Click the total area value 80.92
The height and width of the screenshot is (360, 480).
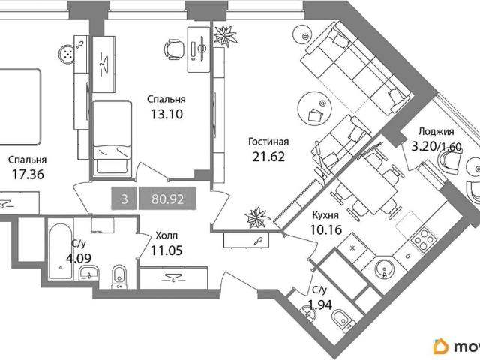(x=167, y=199)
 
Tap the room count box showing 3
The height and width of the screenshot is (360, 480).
(x=124, y=199)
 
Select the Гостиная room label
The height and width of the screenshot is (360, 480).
(x=268, y=142)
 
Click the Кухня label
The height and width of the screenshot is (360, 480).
(x=325, y=215)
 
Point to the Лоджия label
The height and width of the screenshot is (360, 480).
(x=436, y=132)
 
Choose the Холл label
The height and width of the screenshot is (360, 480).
(x=166, y=235)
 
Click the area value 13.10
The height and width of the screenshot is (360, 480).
(x=166, y=114)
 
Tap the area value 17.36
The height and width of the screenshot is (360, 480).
(x=28, y=175)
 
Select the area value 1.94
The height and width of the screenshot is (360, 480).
(x=320, y=304)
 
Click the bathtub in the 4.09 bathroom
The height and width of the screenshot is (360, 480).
(x=61, y=251)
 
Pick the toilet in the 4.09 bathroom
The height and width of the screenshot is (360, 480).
(x=118, y=277)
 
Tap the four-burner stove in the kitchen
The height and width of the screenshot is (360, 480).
(x=423, y=238)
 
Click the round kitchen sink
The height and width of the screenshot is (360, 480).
(x=385, y=268)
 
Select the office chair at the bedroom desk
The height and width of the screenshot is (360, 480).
(x=174, y=49)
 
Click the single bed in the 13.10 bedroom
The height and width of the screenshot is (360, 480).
(x=112, y=139)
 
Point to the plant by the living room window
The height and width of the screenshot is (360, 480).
(x=225, y=36)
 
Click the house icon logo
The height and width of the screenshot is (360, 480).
(x=441, y=346)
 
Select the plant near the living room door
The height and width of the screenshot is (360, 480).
(x=257, y=217)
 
